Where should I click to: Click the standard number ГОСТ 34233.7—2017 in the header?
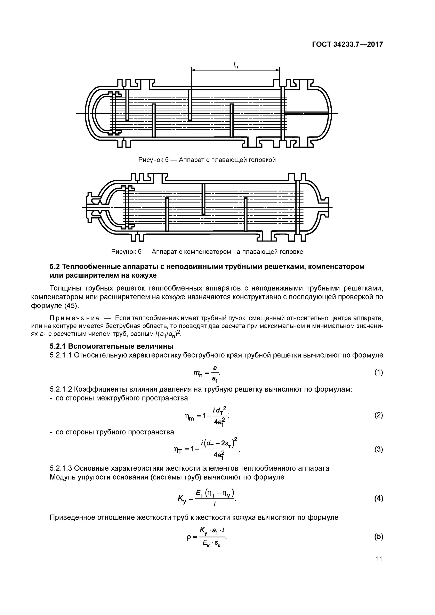pyautogui.click(x=347, y=44)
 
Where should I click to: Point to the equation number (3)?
pyautogui.click(x=378, y=449)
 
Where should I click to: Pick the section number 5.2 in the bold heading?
pyautogui.click(x=55, y=267)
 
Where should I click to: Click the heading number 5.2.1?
pyautogui.click(x=58, y=346)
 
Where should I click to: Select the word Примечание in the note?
pyautogui.click(x=75, y=318)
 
